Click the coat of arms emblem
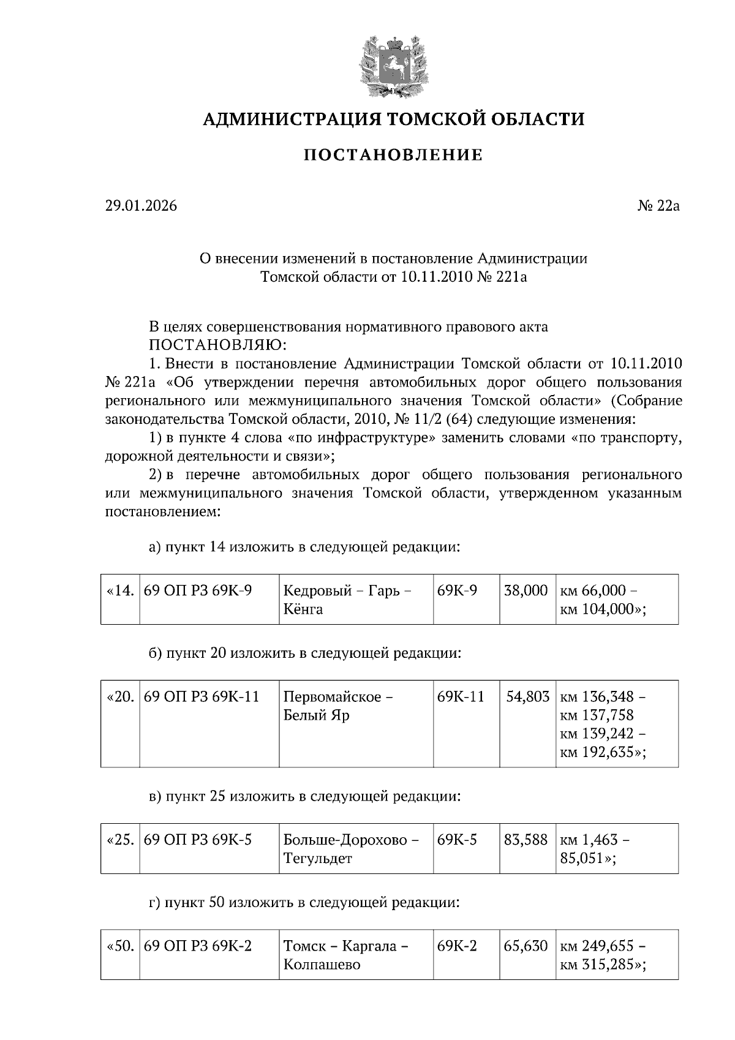[x=393, y=67]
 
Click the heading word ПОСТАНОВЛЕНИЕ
[x=393, y=155]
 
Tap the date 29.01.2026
[x=141, y=206]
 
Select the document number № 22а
[x=658, y=206]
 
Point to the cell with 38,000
[x=526, y=591]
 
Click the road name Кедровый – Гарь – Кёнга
[x=347, y=600]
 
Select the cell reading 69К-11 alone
[x=461, y=696]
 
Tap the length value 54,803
[x=527, y=696]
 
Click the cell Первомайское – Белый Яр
[x=338, y=706]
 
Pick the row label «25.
[x=120, y=840]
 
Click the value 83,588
[x=526, y=840]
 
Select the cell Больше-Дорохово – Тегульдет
[x=350, y=848]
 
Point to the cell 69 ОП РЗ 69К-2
[x=198, y=946]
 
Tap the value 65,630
[x=526, y=946]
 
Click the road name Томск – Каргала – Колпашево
[x=345, y=955]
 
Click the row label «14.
[x=120, y=591]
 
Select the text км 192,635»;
[x=603, y=752]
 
